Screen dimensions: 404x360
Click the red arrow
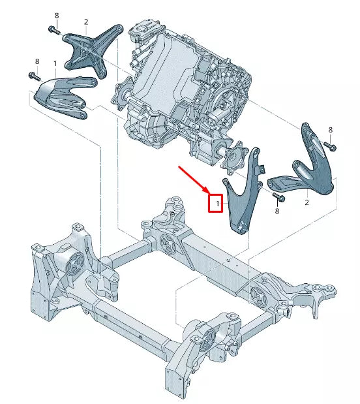pos(194,181)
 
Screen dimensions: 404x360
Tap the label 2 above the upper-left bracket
pos(85,22)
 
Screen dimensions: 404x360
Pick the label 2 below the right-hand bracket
pos(306,203)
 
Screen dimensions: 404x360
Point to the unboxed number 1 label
pos(55,65)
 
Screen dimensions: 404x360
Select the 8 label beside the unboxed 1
pos(37,61)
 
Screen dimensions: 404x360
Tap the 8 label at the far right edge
pos(331,131)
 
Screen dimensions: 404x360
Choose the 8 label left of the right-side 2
pos(277,211)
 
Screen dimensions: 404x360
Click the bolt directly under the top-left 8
pos(53,29)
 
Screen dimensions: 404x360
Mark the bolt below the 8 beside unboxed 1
pos(33,76)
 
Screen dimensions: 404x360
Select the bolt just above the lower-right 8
pos(278,197)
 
